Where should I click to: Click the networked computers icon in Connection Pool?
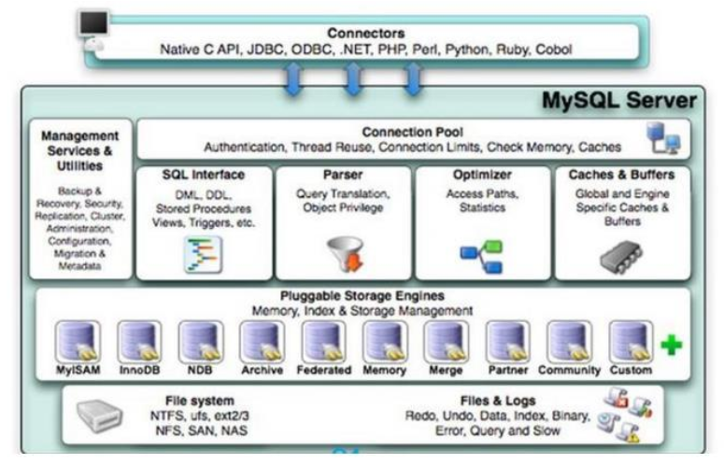pos(665,141)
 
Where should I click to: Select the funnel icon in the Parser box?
pos(342,252)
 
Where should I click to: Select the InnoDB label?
pos(137,370)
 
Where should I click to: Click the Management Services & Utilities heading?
pos(80,149)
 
